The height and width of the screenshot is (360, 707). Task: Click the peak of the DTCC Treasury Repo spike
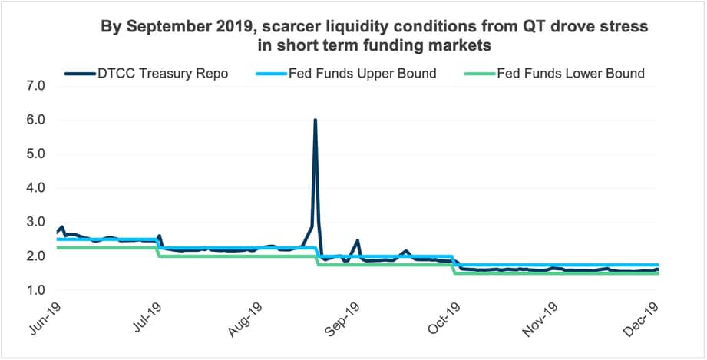[316, 121]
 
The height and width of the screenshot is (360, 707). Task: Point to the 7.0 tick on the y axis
[36, 86]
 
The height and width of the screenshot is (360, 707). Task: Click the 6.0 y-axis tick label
[36, 121]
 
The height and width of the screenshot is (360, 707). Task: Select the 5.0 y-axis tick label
[36, 154]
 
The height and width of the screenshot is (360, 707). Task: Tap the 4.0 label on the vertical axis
[36, 188]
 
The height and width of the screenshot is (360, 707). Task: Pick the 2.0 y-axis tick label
[36, 256]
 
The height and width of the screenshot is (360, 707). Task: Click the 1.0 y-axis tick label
[36, 290]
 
